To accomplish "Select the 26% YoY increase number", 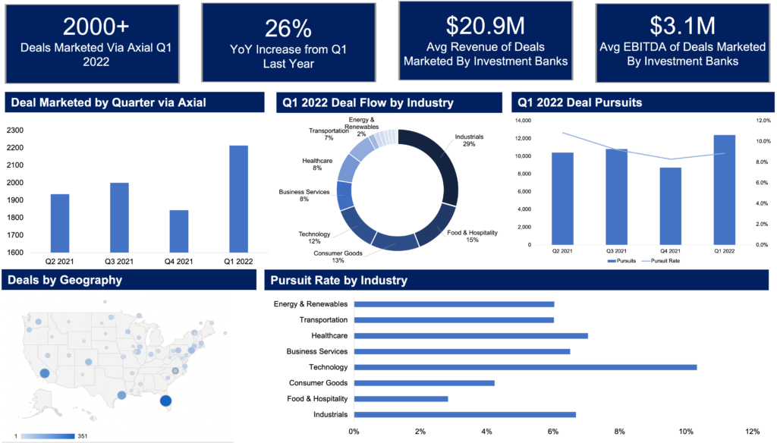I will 288,29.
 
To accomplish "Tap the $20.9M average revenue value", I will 485,26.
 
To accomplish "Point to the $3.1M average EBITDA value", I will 682,26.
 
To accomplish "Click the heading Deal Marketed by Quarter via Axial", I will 109,102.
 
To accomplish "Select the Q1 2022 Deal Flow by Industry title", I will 368,102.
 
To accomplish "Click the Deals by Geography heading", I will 64,280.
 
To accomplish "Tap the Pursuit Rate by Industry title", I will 338,280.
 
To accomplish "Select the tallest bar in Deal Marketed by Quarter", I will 238,199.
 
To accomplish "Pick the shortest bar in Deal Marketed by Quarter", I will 179,231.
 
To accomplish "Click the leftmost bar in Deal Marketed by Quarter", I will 60,223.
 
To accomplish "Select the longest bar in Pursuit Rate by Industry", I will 525,367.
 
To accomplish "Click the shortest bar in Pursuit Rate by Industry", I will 401,399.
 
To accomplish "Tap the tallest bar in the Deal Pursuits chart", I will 724,190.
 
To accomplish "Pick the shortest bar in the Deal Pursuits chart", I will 670,206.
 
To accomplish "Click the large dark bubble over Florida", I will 165,401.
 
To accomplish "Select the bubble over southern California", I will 44,373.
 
